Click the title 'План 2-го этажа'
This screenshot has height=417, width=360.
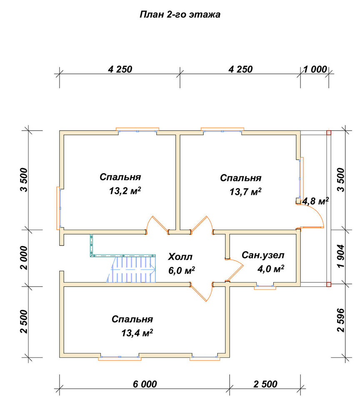pyautogui.click(x=180, y=14)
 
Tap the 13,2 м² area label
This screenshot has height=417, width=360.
pyautogui.click(x=125, y=191)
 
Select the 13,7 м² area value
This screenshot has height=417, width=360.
pyautogui.click(x=245, y=191)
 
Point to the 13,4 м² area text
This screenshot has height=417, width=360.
pyautogui.click(x=137, y=333)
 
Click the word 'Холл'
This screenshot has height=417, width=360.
pyautogui.click(x=180, y=257)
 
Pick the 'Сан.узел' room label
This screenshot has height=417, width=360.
pyautogui.click(x=263, y=255)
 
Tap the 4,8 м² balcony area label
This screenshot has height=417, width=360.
pyautogui.click(x=315, y=201)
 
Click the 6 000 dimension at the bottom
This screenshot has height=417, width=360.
pyautogui.click(x=145, y=384)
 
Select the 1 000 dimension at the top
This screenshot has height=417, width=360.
pyautogui.click(x=315, y=69)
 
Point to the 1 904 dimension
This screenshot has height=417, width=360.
pyautogui.click(x=340, y=256)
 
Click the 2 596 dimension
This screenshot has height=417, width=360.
pyautogui.click(x=340, y=320)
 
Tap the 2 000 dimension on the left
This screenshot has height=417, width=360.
pyautogui.click(x=24, y=258)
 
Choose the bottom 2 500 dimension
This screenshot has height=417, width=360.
pyautogui.click(x=265, y=384)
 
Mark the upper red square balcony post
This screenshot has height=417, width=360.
pyautogui.click(x=329, y=133)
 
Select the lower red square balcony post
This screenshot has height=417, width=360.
pyautogui.click(x=329, y=284)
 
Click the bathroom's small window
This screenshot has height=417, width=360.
pyautogui.click(x=265, y=287)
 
